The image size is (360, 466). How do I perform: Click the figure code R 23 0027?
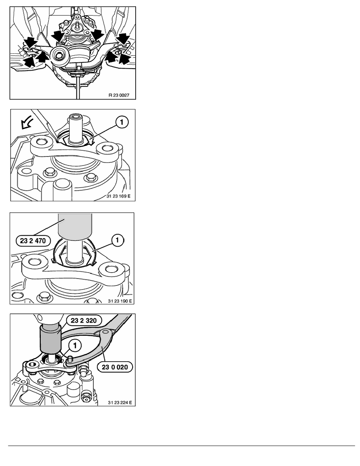[x=119, y=95]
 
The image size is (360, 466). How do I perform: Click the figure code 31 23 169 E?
[x=118, y=196]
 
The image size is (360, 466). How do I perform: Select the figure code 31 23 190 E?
[x=120, y=301]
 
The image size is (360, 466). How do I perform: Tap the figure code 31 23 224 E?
[x=120, y=403]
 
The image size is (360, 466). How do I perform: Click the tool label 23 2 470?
[x=33, y=241]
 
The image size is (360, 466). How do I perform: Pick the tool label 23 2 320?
[x=84, y=321]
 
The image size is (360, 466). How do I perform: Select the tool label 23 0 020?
[x=115, y=367]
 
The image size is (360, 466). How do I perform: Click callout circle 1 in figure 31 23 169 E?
[x=122, y=122]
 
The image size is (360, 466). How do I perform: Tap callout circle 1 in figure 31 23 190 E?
[x=117, y=240]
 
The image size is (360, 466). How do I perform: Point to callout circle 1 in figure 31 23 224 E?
[x=75, y=345]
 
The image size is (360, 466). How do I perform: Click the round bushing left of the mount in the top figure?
[x=60, y=55]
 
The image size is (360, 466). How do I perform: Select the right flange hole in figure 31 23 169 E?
[x=107, y=147]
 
